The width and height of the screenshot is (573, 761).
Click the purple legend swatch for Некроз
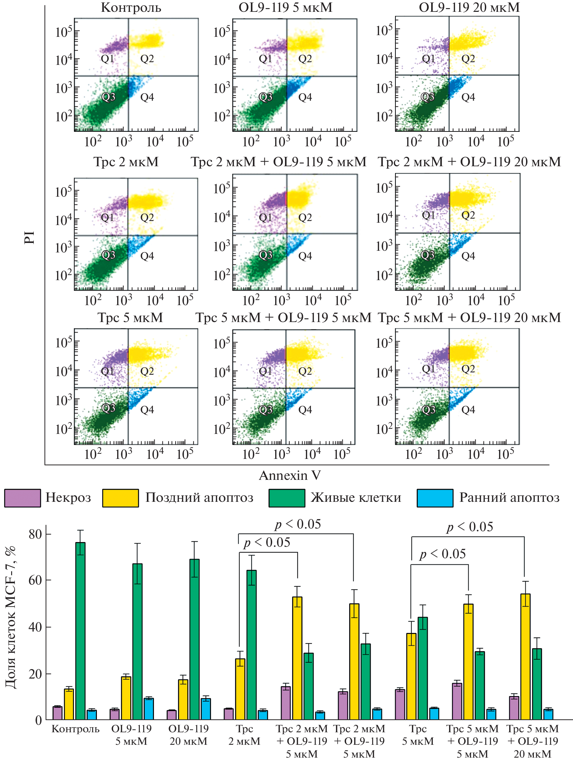tap(22, 498)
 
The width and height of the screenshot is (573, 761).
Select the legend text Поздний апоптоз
tap(199, 498)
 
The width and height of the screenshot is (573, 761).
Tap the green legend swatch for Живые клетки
tap(287, 498)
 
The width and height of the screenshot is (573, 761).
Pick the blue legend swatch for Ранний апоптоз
tap(435, 498)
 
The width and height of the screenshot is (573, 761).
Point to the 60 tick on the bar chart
tap(48, 580)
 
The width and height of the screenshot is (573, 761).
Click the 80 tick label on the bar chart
tap(35, 534)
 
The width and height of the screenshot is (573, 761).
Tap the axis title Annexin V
tap(290, 475)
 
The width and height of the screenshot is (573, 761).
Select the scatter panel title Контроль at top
tap(131, 7)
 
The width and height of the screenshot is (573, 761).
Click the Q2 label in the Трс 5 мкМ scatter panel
tap(147, 371)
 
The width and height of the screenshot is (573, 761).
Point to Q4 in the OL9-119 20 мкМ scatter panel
tap(468, 97)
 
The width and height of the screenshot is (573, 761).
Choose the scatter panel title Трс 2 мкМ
tap(126, 162)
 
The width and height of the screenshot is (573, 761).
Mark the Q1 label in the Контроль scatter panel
tap(108, 59)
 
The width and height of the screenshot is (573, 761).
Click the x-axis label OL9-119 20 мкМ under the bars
tap(188, 735)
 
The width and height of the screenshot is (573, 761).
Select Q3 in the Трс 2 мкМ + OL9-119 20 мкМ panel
tap(428, 255)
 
